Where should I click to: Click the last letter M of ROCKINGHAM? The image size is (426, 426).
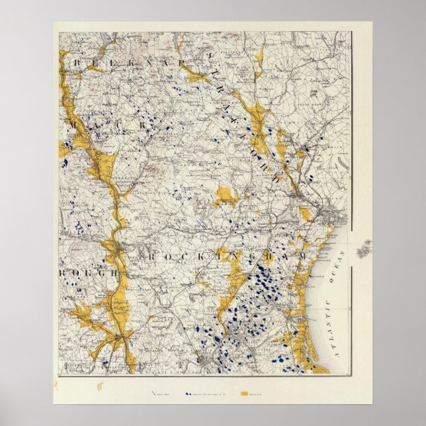coord(303,256)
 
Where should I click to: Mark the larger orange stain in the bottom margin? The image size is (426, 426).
coord(101,385)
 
